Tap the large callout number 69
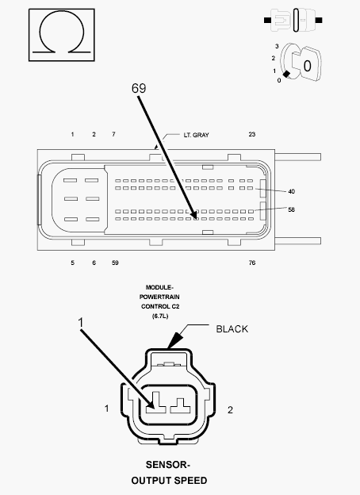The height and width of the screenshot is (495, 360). pyautogui.click(x=139, y=88)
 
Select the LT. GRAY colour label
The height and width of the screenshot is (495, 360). pyautogui.click(x=196, y=135)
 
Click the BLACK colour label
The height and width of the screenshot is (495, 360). pyautogui.click(x=232, y=329)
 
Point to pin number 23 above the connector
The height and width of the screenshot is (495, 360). pyautogui.click(x=252, y=134)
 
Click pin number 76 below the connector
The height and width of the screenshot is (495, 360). pyautogui.click(x=252, y=263)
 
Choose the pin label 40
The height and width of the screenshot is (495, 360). pyautogui.click(x=291, y=191)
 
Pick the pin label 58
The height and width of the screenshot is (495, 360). pyautogui.click(x=291, y=209)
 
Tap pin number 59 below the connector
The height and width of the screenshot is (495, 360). pyautogui.click(x=115, y=263)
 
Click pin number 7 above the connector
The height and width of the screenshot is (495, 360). pyautogui.click(x=113, y=134)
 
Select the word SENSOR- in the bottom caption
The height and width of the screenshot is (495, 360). pyautogui.click(x=168, y=465)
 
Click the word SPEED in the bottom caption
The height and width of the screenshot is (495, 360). pyautogui.click(x=190, y=481)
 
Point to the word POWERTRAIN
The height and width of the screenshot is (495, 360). pyautogui.click(x=159, y=297)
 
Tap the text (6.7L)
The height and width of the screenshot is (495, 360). pyautogui.click(x=160, y=316)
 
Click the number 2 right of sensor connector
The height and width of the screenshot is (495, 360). pyautogui.click(x=230, y=410)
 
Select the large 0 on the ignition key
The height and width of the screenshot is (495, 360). pyautogui.click(x=307, y=66)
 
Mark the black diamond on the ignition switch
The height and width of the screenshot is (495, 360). pyautogui.click(x=286, y=75)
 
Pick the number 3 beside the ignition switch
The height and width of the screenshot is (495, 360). pyautogui.click(x=277, y=46)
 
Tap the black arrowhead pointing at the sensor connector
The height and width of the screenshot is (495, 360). pyautogui.click(x=175, y=340)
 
